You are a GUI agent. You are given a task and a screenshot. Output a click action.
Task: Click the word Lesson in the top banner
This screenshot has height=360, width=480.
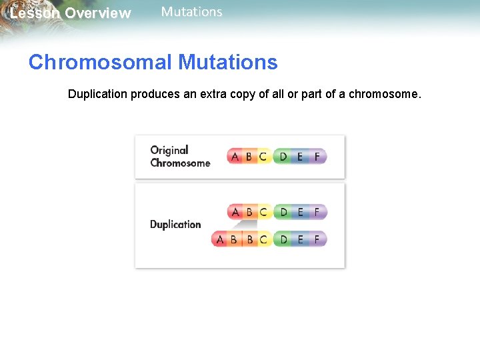tap(35, 13)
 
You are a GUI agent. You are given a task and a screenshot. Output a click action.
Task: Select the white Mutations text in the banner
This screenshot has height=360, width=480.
tap(192, 12)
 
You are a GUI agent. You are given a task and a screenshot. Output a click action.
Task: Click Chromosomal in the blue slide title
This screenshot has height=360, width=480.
tap(100, 63)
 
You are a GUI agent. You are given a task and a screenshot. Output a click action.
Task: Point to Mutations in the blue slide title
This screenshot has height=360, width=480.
tap(227, 63)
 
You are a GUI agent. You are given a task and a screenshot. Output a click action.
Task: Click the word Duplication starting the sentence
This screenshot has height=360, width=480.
tap(97, 94)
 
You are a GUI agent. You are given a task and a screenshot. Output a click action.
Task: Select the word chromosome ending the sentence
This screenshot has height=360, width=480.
tap(384, 94)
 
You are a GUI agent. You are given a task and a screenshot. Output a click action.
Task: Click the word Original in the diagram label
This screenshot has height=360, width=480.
tap(169, 150)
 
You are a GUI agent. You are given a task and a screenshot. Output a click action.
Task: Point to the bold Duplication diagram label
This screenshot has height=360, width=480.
tap(175, 225)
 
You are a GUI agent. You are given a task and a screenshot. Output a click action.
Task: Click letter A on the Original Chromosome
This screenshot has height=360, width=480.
tap(235, 157)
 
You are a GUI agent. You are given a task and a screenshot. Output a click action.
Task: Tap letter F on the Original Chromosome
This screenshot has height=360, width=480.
tap(317, 157)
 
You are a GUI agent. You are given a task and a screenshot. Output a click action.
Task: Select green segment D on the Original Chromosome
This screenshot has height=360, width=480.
tap(283, 157)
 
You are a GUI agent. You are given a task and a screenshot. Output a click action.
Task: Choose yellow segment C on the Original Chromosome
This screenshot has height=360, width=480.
tap(263, 157)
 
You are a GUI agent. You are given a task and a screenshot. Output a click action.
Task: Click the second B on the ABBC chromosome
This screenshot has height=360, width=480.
tap(250, 239)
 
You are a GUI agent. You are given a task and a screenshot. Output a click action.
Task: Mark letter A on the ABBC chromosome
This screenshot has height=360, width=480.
tap(220, 239)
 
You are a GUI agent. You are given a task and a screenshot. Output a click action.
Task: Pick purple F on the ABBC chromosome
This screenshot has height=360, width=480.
tap(317, 239)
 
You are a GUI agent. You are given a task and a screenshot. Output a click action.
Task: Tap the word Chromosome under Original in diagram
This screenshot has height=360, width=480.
tap(180, 163)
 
